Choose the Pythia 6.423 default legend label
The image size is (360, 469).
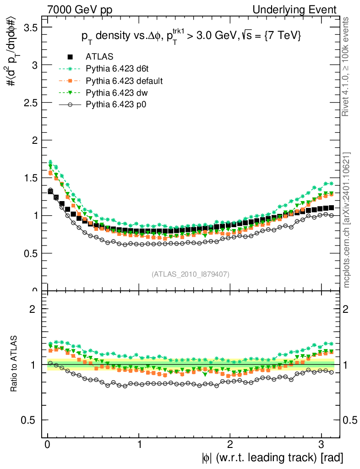click(124, 81)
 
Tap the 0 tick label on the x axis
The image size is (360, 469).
click(48, 444)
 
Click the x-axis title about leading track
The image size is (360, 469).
click(271, 457)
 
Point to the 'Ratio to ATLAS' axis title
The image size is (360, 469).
click(14, 364)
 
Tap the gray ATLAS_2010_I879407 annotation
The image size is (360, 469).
click(191, 274)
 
